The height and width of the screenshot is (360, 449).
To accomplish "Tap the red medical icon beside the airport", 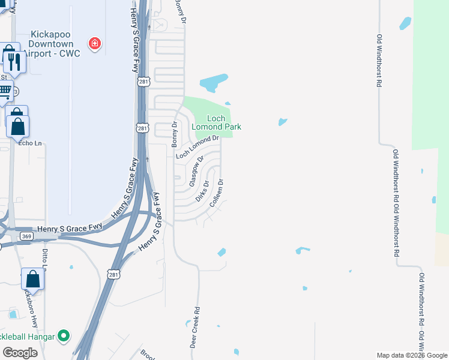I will coord(94,43).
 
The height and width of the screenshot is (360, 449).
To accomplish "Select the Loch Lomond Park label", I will coord(216,122).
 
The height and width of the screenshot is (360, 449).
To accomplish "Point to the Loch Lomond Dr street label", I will coord(197,147).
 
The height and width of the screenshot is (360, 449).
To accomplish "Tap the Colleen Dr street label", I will coord(217,193).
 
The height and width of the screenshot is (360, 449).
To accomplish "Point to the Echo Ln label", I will coord(30,143).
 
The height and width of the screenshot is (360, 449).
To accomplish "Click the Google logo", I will coord(20,352).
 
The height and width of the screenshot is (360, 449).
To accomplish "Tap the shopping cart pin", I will coord(4,92).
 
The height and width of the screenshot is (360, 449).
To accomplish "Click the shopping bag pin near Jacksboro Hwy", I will coord(32,280).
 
